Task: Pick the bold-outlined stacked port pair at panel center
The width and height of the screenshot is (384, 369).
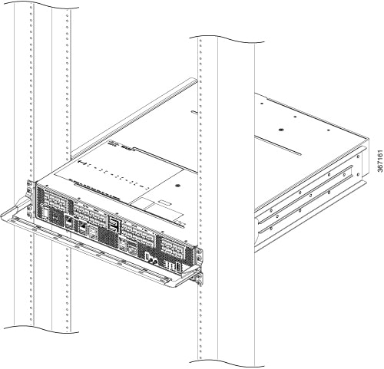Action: pos(116,224)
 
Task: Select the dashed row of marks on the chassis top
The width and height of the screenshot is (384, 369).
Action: pos(115,174)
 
